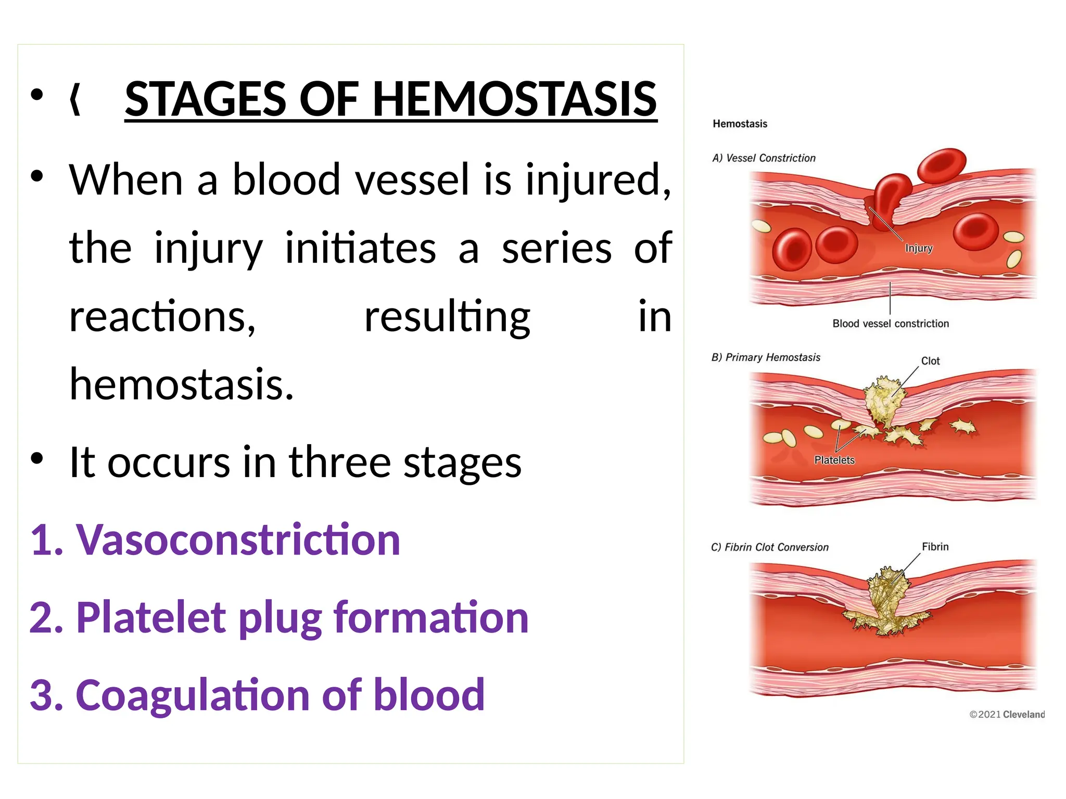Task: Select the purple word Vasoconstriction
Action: pos(238,540)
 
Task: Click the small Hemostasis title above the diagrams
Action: pos(740,124)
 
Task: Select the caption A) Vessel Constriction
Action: pos(764,158)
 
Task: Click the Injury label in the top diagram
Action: pos(919,248)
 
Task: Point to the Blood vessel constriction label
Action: pos(891,324)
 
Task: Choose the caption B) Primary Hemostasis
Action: pos(766,357)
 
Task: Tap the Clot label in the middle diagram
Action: pos(930,361)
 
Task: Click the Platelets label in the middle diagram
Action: pos(834,460)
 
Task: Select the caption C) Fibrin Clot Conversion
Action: pos(769,547)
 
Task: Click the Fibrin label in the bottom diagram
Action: pos(935,547)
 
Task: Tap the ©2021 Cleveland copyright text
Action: pos(1007,714)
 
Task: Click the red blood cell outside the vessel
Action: pos(942,164)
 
